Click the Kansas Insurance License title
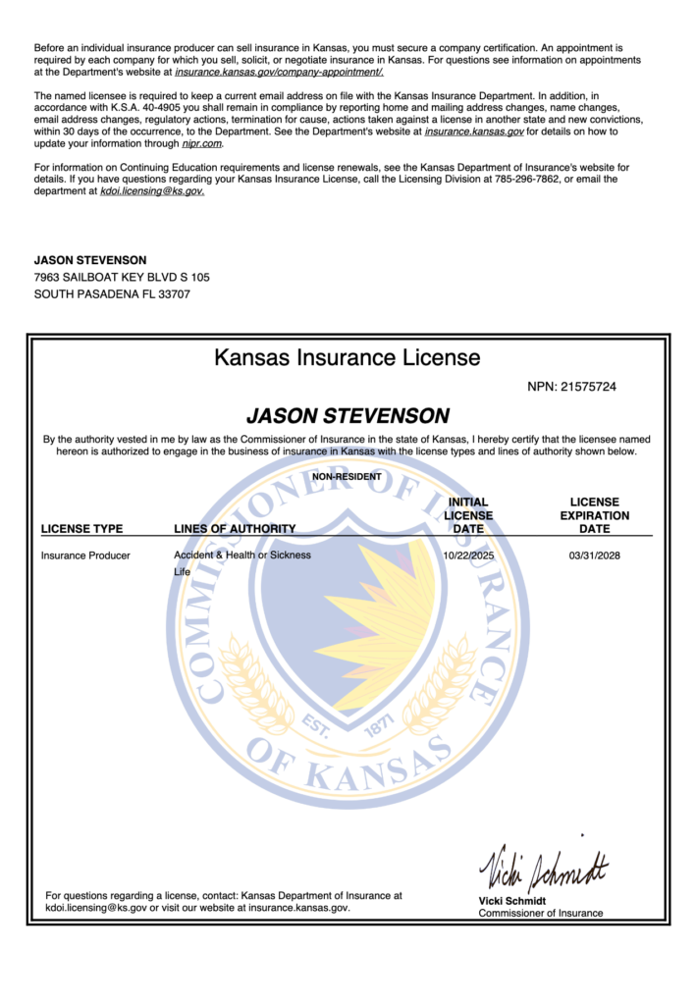tap(348, 357)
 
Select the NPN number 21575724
tap(585, 388)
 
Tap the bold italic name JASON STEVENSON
tap(348, 415)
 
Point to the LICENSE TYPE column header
tap(82, 529)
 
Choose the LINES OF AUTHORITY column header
tap(235, 529)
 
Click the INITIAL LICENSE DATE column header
tap(468, 515)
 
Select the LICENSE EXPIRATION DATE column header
tap(595, 515)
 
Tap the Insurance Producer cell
tap(85, 555)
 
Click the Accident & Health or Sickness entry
tap(242, 555)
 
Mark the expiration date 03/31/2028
tap(595, 555)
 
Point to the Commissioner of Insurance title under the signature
tap(541, 914)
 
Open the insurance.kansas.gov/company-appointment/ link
tap(280, 72)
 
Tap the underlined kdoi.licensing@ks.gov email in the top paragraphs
tap(152, 191)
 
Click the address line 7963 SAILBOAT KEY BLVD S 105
tap(122, 277)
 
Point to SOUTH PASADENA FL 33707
tap(112, 293)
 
